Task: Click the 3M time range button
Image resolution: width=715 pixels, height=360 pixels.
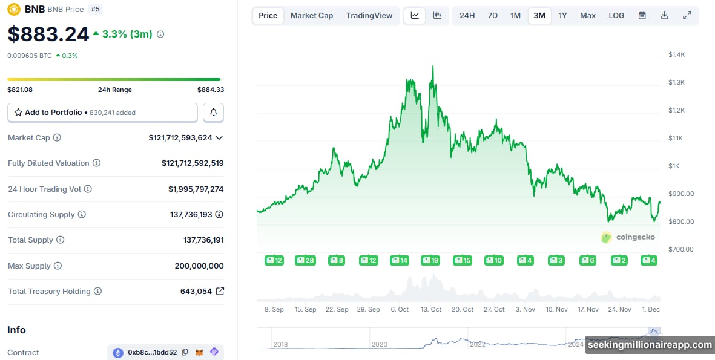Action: [x=539, y=16]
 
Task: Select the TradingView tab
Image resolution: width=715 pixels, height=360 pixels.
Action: [x=369, y=16]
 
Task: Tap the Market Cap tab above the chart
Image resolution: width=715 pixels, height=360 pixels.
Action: [x=311, y=16]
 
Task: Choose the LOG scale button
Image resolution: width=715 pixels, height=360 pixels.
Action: [x=616, y=16]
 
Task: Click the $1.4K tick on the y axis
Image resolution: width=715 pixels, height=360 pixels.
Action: [x=676, y=54]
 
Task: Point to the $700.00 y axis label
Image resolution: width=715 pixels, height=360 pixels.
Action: [x=680, y=249]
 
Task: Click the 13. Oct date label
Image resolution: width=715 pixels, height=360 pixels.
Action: [x=431, y=309]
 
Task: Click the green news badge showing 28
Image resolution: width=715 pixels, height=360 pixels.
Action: [x=305, y=260]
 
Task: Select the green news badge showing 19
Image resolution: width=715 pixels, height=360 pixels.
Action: [x=431, y=260]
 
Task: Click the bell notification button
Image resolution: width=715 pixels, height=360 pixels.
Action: [x=213, y=113]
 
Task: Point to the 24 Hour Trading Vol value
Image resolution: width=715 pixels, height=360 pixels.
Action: [x=196, y=189]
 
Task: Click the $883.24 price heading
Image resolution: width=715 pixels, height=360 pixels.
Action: [x=48, y=34]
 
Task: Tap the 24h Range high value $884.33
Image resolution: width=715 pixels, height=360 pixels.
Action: [x=210, y=90]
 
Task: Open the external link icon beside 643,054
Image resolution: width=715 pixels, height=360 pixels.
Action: [x=220, y=291]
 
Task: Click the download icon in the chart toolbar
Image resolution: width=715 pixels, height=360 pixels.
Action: [x=664, y=16]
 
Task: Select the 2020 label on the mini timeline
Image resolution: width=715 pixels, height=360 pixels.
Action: [x=379, y=344]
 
